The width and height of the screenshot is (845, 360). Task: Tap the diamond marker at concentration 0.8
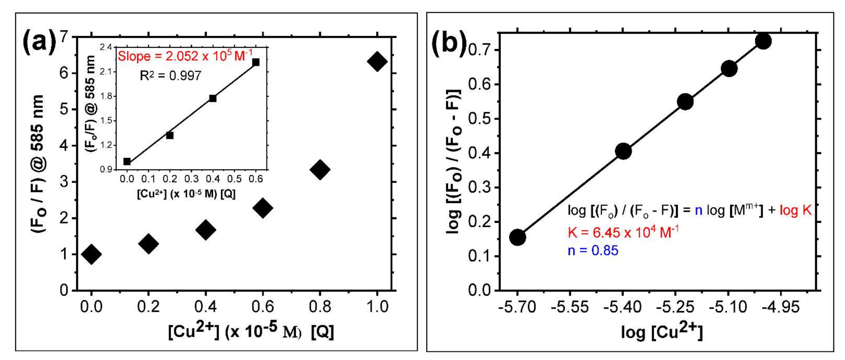320,170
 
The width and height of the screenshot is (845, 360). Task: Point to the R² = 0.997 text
170,76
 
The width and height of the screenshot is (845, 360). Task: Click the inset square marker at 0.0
127,161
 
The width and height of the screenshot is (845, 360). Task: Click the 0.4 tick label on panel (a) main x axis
205,307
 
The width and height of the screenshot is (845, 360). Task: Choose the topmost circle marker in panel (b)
763,41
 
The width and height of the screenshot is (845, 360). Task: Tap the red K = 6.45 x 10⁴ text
623,232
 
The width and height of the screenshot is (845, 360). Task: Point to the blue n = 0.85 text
593,250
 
